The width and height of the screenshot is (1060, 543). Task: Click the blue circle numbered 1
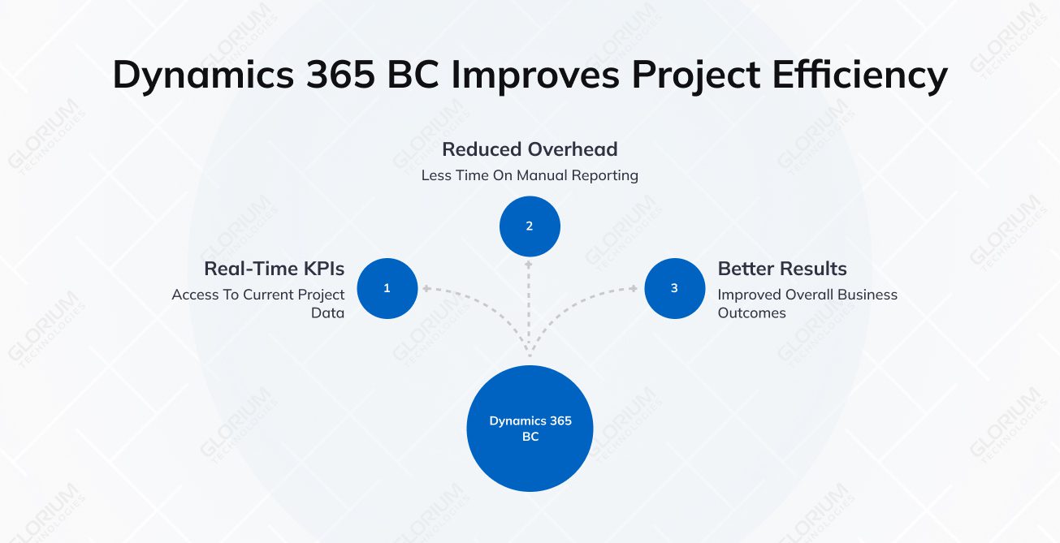coord(387,288)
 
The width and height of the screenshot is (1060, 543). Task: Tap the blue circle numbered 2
coord(530,226)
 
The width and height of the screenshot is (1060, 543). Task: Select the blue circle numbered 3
coord(674,288)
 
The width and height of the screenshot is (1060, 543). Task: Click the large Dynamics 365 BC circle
coord(530,429)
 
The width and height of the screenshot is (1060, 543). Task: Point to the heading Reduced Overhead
coord(530,149)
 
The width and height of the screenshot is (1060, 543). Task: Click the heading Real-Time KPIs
coord(274,269)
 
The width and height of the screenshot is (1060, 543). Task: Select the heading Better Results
coord(781,269)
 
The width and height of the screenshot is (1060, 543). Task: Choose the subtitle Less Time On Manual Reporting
coord(530,175)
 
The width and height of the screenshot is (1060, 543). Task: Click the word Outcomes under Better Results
coord(751,312)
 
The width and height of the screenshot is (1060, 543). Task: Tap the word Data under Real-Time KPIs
coord(327,312)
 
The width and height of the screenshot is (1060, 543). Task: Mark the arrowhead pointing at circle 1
coord(425,288)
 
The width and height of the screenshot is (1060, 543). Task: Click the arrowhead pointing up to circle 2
coord(530,264)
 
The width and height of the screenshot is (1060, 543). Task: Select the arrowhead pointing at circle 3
coord(634,288)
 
